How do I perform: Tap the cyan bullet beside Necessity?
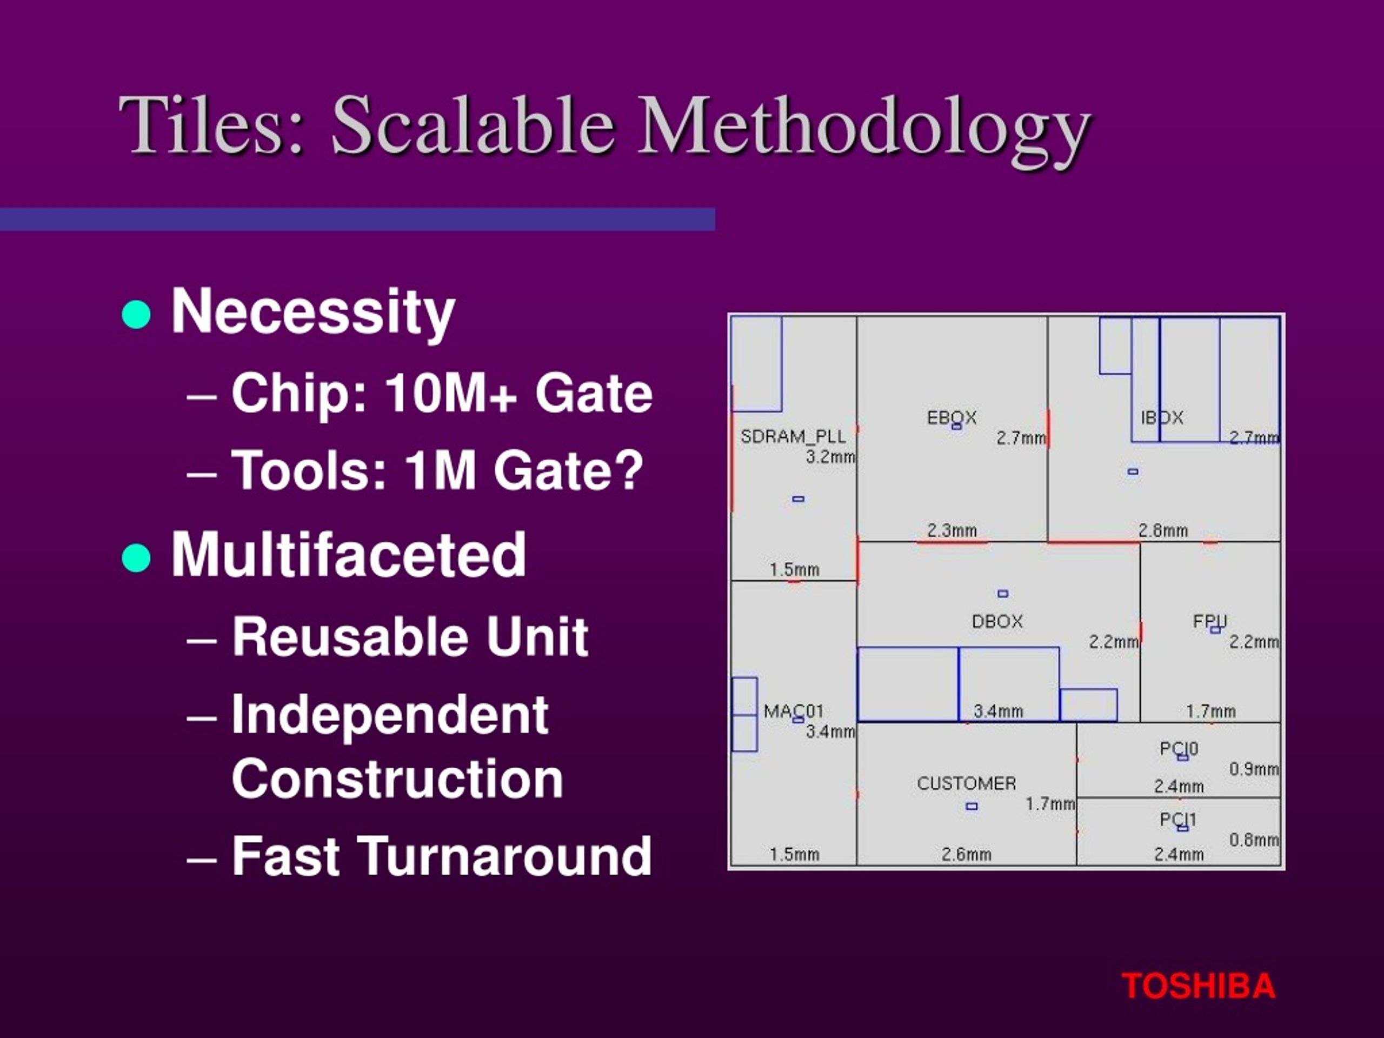click(136, 314)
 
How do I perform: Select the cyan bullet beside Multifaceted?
click(136, 557)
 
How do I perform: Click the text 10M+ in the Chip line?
click(451, 393)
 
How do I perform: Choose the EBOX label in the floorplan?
click(951, 418)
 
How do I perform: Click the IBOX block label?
click(1162, 418)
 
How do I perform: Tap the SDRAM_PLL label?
click(793, 436)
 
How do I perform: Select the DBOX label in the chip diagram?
click(997, 621)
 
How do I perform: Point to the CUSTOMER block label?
click(967, 783)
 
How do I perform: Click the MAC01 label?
click(793, 711)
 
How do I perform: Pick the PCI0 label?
click(1179, 749)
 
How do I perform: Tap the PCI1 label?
click(1178, 820)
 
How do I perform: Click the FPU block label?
click(1210, 621)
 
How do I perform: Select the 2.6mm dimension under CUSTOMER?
click(967, 854)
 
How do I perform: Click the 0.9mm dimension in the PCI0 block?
click(1254, 769)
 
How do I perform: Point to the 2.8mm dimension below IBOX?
click(1163, 530)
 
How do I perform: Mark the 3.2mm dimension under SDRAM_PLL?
click(830, 457)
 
